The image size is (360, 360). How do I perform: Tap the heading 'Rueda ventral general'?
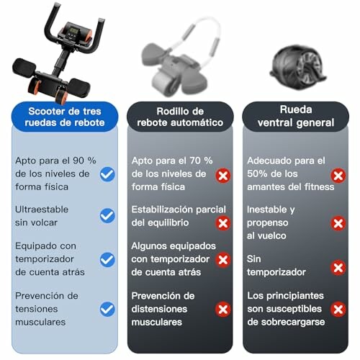295,117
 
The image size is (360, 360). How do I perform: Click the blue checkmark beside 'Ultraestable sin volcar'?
107,215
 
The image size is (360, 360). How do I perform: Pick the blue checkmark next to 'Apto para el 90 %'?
107,174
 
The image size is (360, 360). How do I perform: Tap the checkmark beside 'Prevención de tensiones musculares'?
107,309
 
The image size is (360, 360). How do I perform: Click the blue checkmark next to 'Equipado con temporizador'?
107,260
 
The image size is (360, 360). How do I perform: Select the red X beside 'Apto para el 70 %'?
223,175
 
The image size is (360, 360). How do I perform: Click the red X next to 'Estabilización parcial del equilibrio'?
223,222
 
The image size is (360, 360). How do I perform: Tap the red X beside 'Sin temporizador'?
338,267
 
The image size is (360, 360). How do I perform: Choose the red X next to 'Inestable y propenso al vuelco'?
338,222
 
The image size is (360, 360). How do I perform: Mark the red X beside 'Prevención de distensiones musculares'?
223,309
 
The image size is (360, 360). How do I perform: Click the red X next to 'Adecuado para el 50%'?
338,175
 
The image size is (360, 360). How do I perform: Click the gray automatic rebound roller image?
176,61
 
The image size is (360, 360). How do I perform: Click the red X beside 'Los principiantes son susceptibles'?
338,309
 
